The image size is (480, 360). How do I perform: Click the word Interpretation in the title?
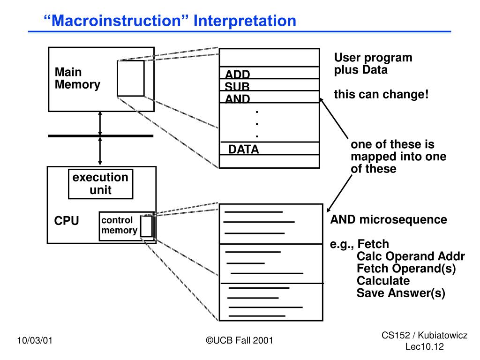coord(245,21)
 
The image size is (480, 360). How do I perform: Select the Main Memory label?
coord(77,78)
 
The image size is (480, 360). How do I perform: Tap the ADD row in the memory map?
coord(270,73)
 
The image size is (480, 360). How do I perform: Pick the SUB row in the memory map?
coord(270,85)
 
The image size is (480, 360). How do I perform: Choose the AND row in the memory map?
coord(270,97)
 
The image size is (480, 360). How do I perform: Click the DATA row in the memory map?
coord(270,149)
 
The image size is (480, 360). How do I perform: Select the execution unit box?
coord(101,184)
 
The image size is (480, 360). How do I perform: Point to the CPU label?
coord(67,221)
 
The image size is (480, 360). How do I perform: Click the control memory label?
coord(119,225)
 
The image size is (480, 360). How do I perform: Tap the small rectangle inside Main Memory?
coord(131,78)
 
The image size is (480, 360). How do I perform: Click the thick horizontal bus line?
coord(101,136)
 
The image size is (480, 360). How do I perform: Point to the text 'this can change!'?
coord(382,95)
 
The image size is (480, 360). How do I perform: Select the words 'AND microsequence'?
coord(389,219)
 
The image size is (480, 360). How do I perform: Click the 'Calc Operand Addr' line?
coord(411,256)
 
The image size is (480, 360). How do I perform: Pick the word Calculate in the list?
coord(383,281)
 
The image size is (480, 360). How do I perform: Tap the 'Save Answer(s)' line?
coord(401,293)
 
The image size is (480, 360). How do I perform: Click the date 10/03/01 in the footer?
coord(35,340)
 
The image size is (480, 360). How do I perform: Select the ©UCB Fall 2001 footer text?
coord(240,340)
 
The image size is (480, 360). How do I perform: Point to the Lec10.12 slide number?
coord(425,346)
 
